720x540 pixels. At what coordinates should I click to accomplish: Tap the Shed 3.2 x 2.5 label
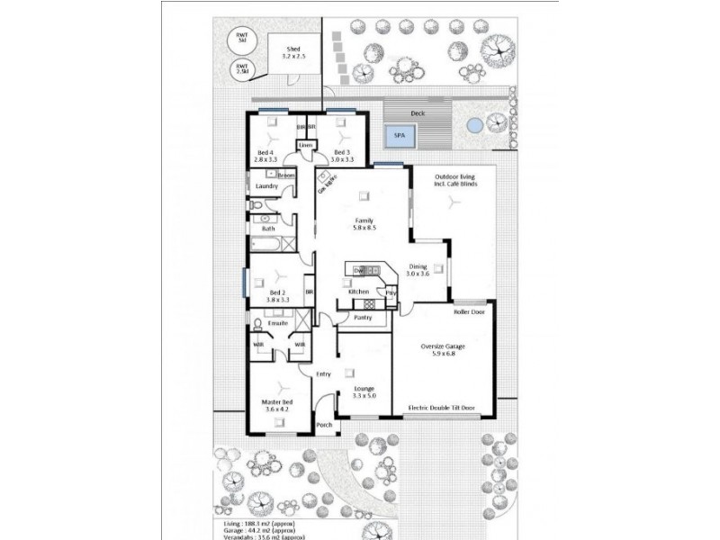coord(294,56)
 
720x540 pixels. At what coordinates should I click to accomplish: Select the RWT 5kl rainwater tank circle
coord(241,40)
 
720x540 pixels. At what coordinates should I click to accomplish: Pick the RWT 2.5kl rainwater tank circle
coord(242,68)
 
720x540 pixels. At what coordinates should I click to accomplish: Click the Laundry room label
coord(267,186)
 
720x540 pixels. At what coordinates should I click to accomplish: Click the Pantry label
coord(364,317)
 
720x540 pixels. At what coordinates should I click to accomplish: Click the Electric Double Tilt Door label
coord(441,408)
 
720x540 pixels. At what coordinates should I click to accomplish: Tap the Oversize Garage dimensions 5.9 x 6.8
coord(444,354)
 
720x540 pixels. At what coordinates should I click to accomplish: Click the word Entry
coord(323,373)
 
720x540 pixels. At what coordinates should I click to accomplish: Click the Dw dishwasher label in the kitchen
coord(357,270)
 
